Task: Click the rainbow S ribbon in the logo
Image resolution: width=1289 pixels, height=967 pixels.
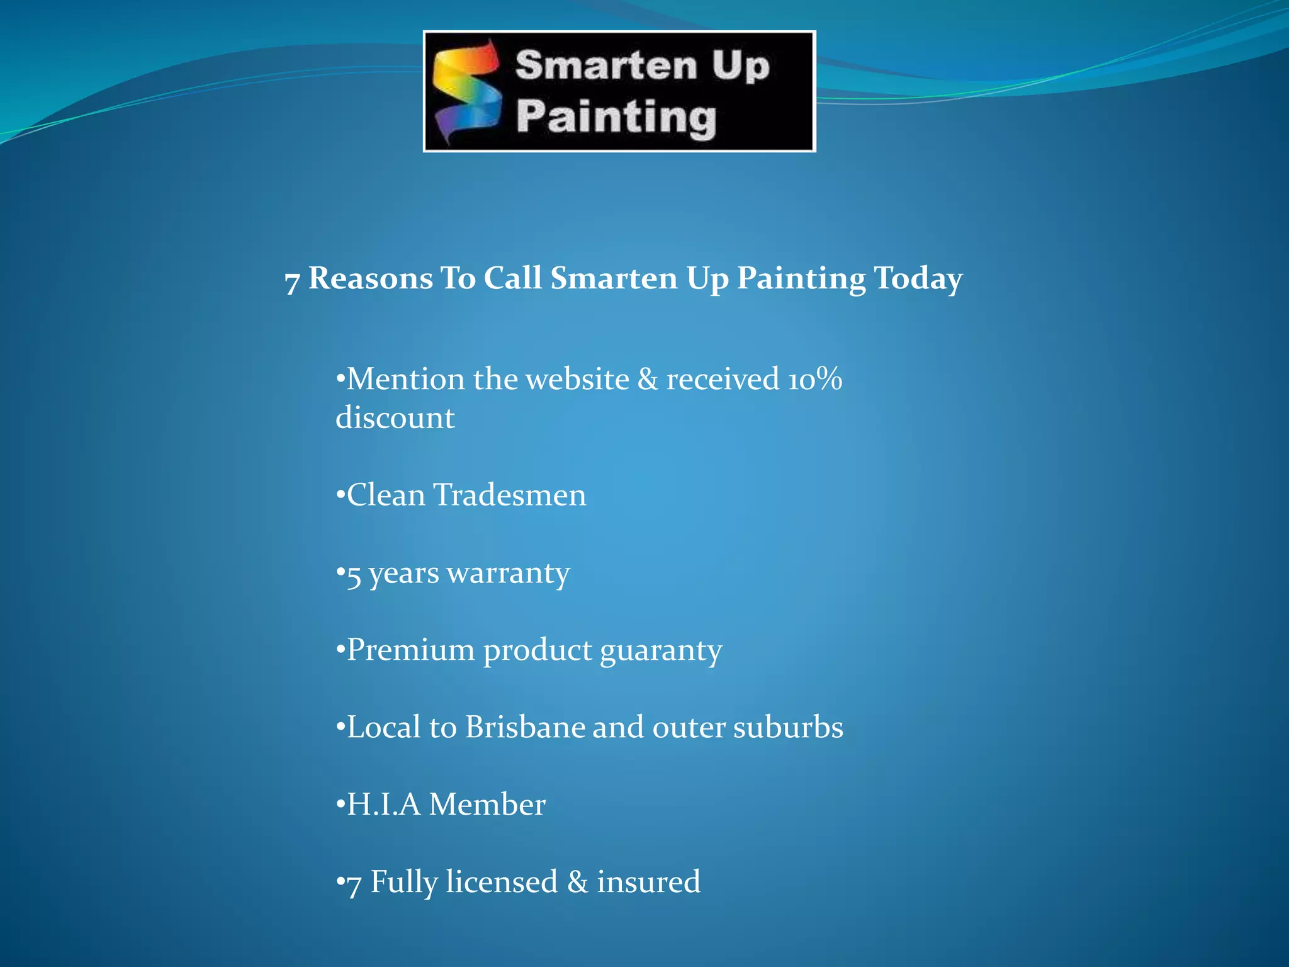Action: click(x=468, y=91)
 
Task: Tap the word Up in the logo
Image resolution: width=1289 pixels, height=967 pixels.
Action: click(x=740, y=66)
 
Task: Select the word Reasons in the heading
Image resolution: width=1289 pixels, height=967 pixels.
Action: click(x=371, y=278)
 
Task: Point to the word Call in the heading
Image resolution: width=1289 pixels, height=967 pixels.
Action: click(x=512, y=278)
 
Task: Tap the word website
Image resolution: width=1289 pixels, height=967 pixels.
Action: click(x=577, y=379)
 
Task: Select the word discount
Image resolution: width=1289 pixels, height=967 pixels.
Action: click(x=395, y=418)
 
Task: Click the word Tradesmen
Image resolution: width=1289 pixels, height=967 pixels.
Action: click(x=510, y=495)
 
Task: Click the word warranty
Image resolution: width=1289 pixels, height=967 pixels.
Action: click(x=508, y=574)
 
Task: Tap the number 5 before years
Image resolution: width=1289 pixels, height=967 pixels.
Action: click(x=354, y=575)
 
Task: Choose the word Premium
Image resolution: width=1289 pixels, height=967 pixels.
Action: click(x=410, y=650)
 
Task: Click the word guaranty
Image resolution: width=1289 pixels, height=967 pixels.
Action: click(x=661, y=651)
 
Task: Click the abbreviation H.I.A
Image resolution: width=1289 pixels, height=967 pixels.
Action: click(x=383, y=805)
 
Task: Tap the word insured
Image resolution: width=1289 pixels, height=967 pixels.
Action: click(x=648, y=881)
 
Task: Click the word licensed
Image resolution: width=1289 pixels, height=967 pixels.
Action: click(x=502, y=881)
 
